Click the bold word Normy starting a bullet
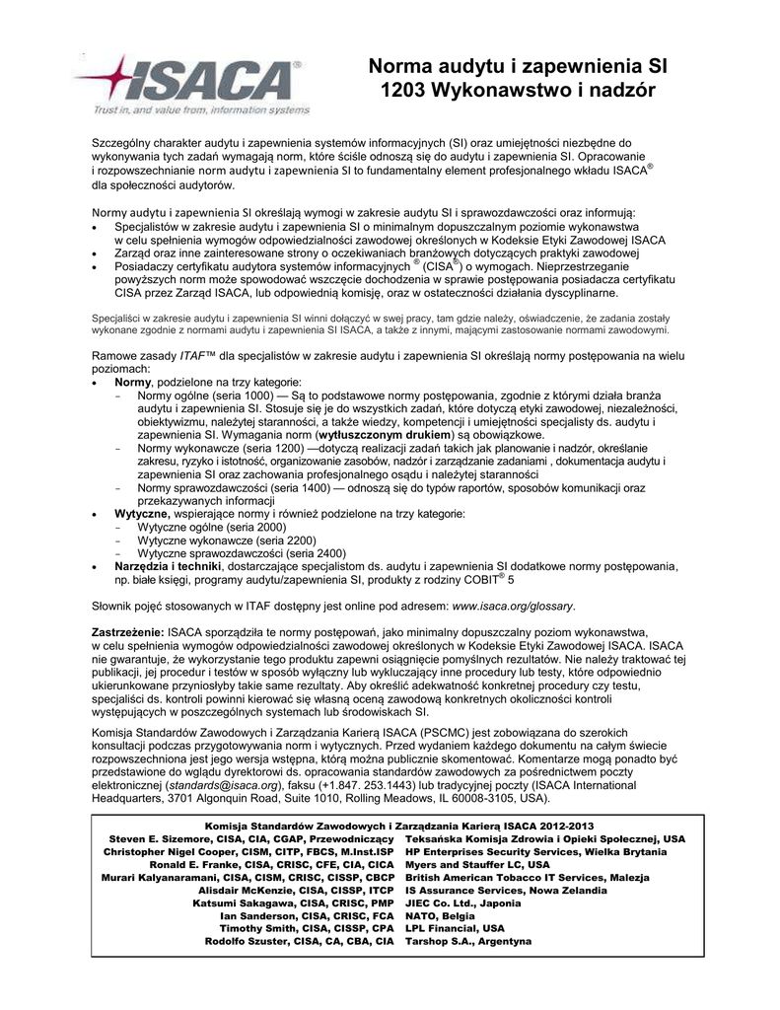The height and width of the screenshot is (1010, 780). click(x=133, y=382)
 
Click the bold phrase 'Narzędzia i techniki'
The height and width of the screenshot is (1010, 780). click(x=169, y=567)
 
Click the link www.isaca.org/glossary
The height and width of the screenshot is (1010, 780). click(x=513, y=606)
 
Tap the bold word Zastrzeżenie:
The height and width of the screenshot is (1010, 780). click(x=128, y=631)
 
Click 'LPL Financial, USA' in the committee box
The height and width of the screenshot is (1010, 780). click(x=455, y=928)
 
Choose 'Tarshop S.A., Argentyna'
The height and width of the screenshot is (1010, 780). click(x=468, y=941)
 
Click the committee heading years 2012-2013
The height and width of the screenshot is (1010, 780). click(x=563, y=826)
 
